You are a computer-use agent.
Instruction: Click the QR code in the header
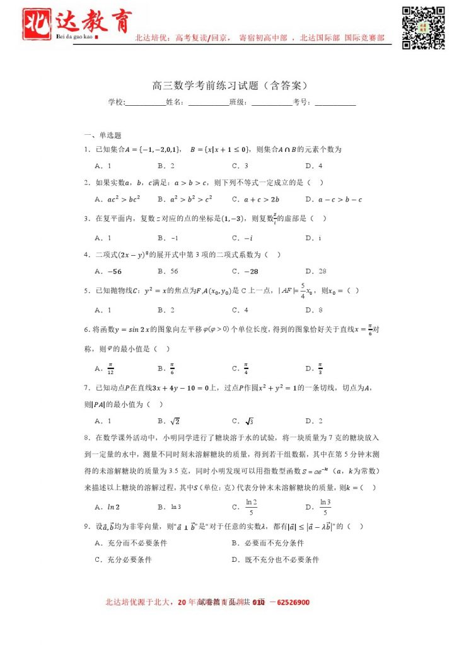424,27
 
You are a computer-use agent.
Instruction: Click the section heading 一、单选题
103,135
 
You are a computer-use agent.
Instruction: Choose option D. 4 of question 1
314,166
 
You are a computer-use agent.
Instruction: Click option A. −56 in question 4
108,271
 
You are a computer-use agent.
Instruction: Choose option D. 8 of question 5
314,310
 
